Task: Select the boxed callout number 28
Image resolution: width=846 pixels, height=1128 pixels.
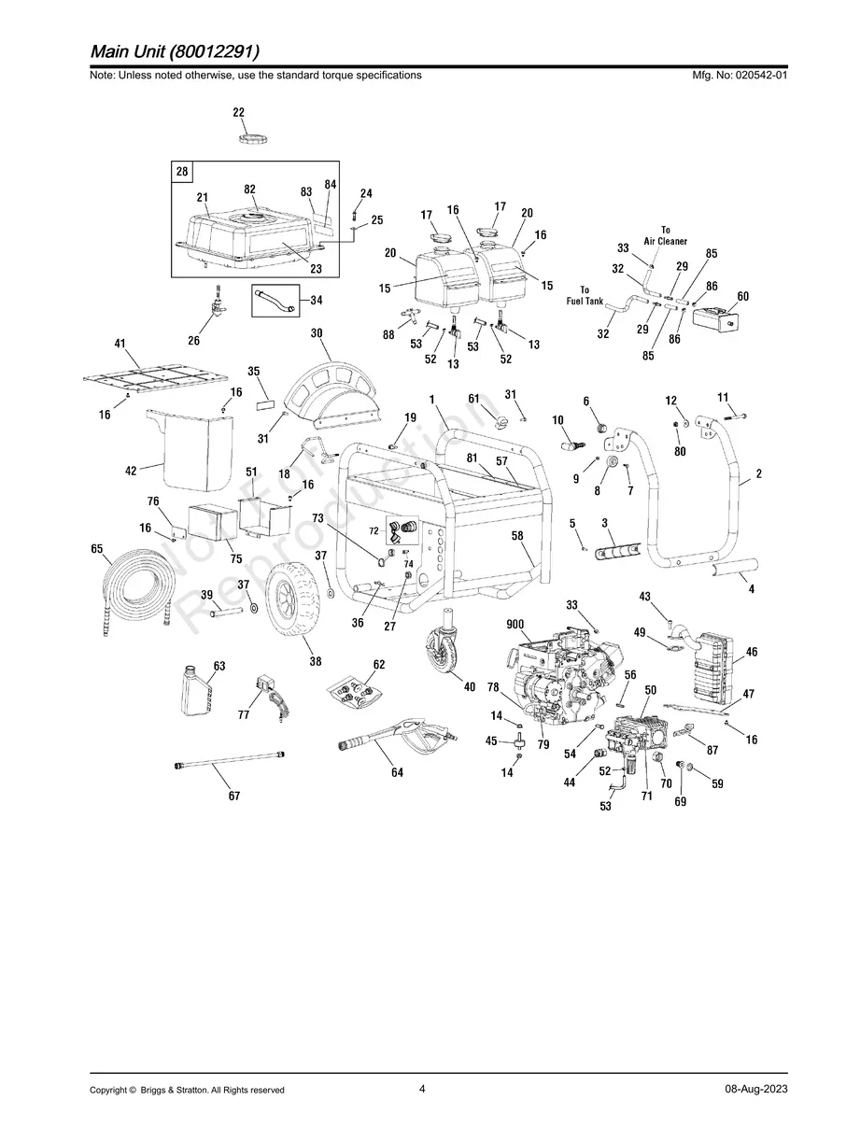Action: [x=182, y=172]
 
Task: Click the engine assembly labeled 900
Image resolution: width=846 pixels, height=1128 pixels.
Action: [x=559, y=671]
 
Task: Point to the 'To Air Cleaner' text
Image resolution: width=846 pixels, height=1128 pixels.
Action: [x=665, y=235]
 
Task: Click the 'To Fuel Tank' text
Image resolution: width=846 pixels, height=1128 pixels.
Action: [x=585, y=295]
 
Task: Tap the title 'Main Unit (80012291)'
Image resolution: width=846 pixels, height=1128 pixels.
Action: [x=176, y=50]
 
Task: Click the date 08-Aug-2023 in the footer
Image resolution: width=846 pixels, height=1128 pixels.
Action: [x=755, y=1090]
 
